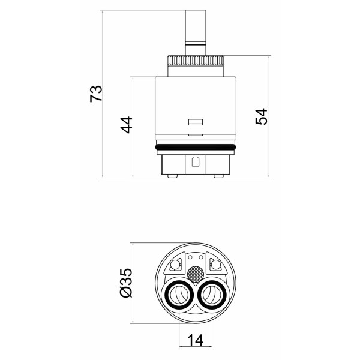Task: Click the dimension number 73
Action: (x=96, y=94)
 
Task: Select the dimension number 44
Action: (x=127, y=125)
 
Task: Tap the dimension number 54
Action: (x=261, y=116)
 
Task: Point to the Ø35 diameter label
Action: (x=127, y=283)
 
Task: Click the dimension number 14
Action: (x=196, y=340)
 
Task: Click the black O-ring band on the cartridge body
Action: (x=196, y=147)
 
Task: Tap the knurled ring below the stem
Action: (x=196, y=61)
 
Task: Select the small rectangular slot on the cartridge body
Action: (x=196, y=122)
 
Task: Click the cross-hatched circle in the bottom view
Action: (x=196, y=274)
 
